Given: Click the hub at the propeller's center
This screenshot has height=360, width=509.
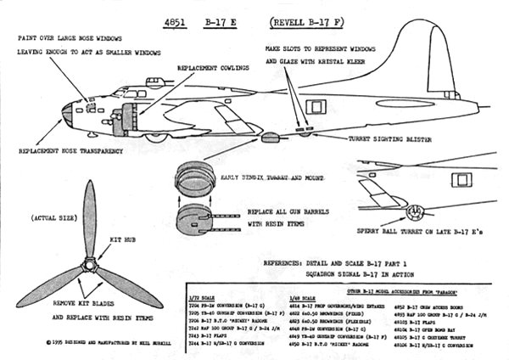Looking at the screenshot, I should pyautogui.click(x=88, y=265).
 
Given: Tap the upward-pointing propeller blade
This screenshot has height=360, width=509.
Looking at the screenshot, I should pyautogui.click(x=89, y=219).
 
